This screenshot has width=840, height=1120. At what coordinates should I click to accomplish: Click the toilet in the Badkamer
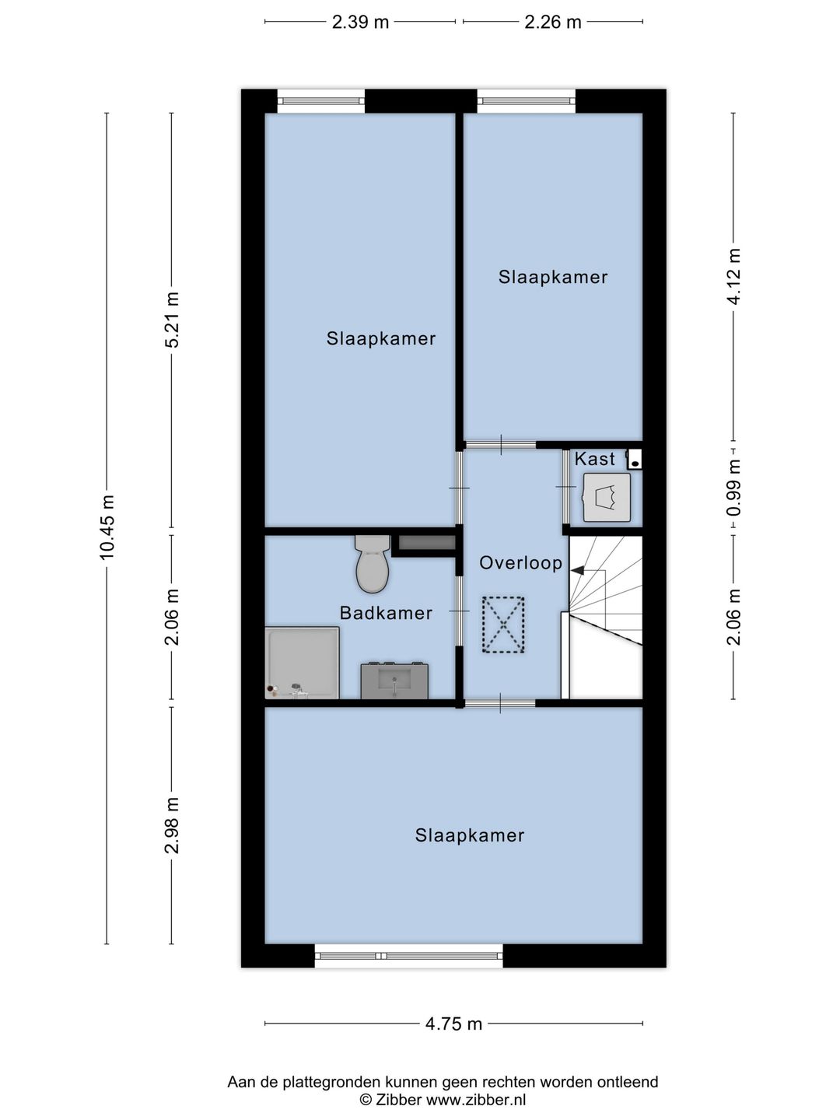coord(372,565)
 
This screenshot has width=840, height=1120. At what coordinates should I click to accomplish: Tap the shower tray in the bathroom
coord(303,663)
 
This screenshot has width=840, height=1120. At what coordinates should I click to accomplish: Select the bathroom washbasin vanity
coord(394,681)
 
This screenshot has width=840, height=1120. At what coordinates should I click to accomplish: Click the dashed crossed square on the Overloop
coord(503,625)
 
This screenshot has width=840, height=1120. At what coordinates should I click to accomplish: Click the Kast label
coord(594,460)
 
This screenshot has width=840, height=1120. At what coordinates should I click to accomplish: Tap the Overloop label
coord(520,563)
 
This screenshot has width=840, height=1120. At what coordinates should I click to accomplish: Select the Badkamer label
coord(386,613)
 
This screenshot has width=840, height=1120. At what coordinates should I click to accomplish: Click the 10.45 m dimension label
coord(107,527)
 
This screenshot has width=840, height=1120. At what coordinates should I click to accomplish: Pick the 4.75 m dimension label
coord(453,1024)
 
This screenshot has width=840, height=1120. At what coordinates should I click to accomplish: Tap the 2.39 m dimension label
coord(360,22)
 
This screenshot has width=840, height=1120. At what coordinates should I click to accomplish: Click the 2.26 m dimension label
coord(552,22)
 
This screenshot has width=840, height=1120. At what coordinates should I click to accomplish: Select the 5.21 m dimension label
coord(172,320)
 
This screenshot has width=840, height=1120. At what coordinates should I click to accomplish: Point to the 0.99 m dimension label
coord(733,488)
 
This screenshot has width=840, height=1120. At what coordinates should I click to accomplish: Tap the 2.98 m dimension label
coord(172,825)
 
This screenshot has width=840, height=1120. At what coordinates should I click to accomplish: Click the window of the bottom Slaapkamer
coord(409,956)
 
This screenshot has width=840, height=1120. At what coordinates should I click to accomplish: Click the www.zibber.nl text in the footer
coord(476,1100)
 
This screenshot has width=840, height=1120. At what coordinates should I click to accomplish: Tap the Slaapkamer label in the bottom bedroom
coord(469,835)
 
